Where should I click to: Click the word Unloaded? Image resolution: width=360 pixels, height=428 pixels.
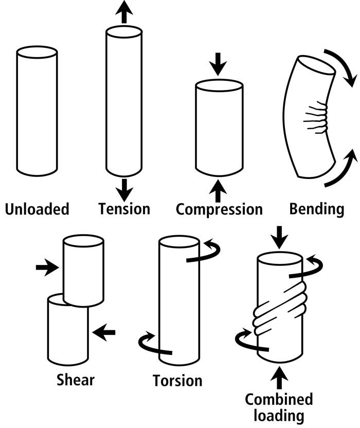[37, 209]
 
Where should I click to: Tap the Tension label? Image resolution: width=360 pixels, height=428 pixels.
[124, 209]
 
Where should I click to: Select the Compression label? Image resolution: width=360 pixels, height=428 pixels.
[219, 209]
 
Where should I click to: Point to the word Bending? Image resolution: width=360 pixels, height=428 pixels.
[316, 209]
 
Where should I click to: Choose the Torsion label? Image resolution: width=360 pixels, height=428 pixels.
[177, 381]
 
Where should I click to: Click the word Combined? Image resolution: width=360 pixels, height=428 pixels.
[279, 399]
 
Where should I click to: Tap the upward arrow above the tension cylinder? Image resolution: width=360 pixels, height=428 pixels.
[123, 11]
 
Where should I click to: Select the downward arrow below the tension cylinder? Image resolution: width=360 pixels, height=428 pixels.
[123, 189]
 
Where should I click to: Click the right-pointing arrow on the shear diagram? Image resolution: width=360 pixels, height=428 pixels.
[47, 267]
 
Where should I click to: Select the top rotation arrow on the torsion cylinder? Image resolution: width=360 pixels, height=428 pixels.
[206, 253]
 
